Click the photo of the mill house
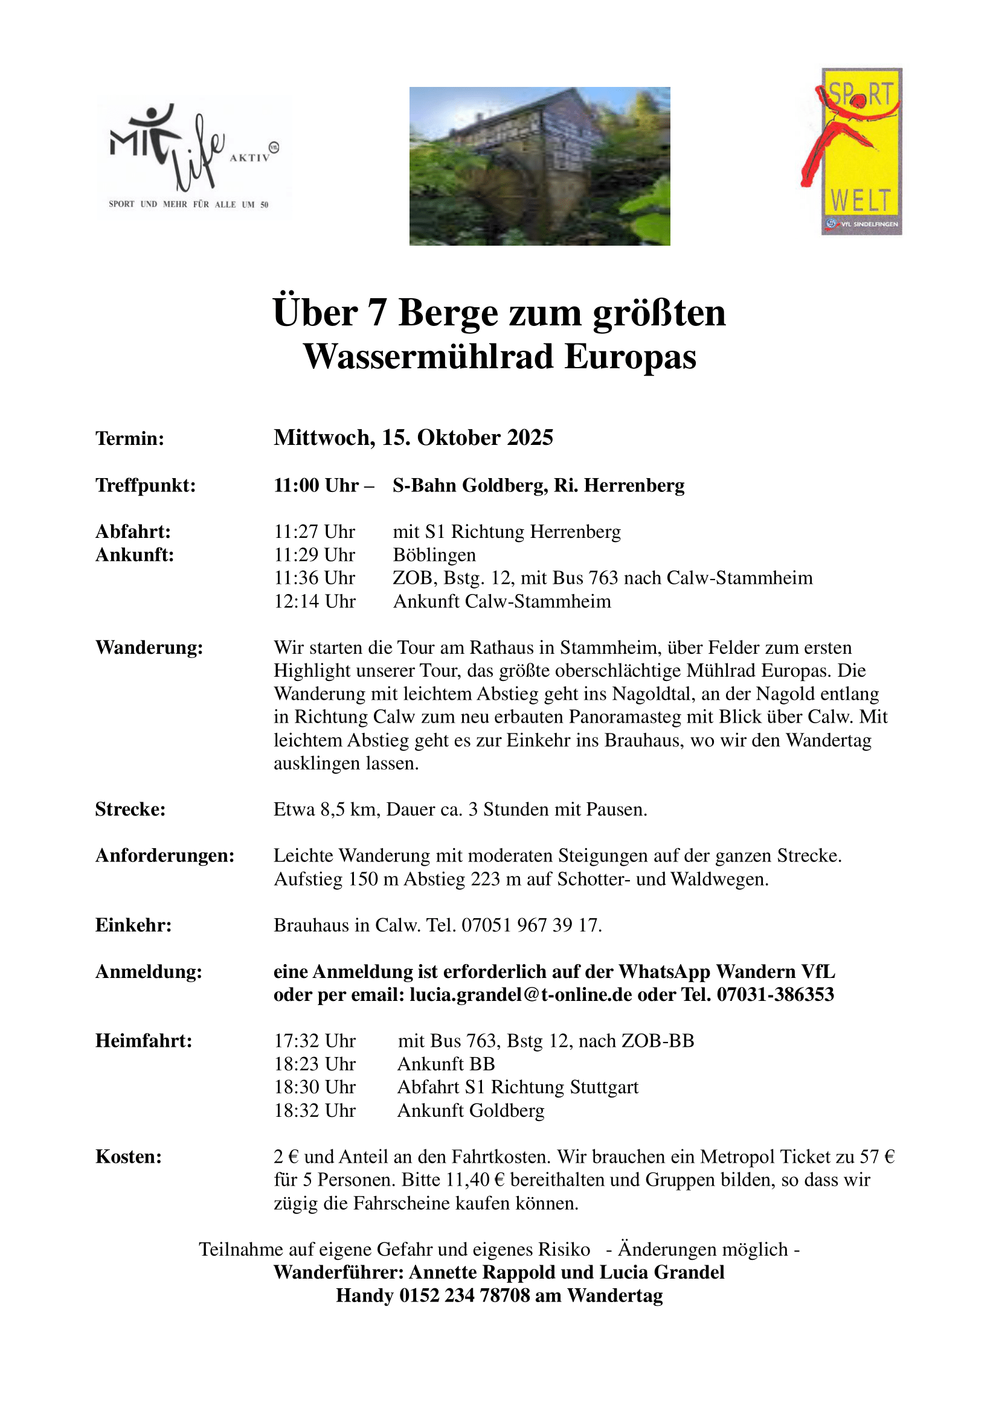[x=539, y=166]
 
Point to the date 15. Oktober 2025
[x=467, y=437]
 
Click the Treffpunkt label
[x=145, y=485]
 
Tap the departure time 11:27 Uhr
[x=314, y=531]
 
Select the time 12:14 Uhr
[x=314, y=601]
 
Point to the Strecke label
[x=130, y=810]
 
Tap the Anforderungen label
[x=165, y=855]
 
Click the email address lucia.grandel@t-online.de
[x=521, y=994]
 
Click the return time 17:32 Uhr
[x=314, y=1041]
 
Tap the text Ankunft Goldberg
[x=471, y=1111]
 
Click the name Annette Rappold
[x=481, y=1273]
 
